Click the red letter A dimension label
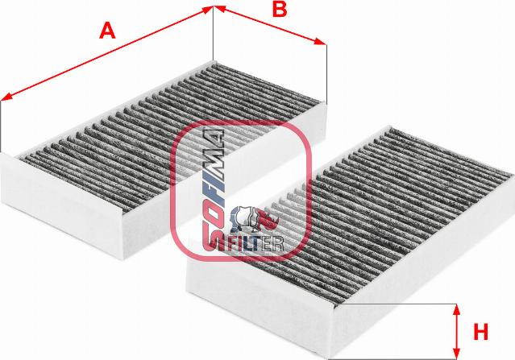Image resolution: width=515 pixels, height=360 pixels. pyautogui.click(x=107, y=31)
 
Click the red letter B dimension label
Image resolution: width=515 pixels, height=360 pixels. pyautogui.click(x=280, y=9)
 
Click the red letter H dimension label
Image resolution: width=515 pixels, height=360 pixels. pyautogui.click(x=480, y=332)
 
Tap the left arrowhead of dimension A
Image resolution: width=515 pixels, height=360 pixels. pyautogui.click(x=6, y=97)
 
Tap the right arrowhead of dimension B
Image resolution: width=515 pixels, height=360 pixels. pyautogui.click(x=320, y=42)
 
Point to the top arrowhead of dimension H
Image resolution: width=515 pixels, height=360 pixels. pyautogui.click(x=456, y=310)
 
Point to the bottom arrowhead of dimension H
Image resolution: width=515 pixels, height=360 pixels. pyautogui.click(x=456, y=353)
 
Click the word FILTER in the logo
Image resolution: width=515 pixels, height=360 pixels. pyautogui.click(x=255, y=243)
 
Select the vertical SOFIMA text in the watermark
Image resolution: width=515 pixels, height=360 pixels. pyautogui.click(x=213, y=190)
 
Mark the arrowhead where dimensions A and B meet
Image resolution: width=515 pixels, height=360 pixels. pyautogui.click(x=213, y=9)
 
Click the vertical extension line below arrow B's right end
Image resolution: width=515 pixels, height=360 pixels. pyautogui.click(x=326, y=74)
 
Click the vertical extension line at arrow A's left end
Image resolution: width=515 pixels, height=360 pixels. pyautogui.click(x=1, y=126)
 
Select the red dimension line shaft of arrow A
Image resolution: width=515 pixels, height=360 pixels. pyautogui.click(x=107, y=53)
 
